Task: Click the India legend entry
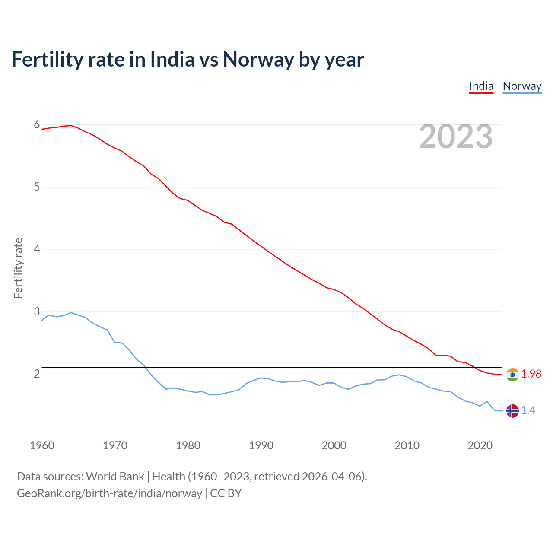click(x=481, y=86)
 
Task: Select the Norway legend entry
click(x=522, y=86)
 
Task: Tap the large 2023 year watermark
click(x=455, y=137)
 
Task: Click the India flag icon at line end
click(x=512, y=375)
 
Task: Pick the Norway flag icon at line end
click(x=512, y=411)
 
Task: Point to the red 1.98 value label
click(x=531, y=374)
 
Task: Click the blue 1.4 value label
click(x=528, y=410)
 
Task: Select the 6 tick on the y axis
click(x=37, y=125)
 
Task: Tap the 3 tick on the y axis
click(x=37, y=311)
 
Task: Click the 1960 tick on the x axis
click(x=42, y=445)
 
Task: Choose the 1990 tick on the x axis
click(x=261, y=445)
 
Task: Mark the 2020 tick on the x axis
click(x=480, y=445)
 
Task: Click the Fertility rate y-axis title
click(x=18, y=268)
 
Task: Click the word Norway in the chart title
click(x=258, y=59)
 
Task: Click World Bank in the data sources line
click(x=115, y=477)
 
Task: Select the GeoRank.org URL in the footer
click(x=109, y=493)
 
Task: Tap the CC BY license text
click(x=226, y=493)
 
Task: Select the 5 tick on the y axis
click(x=37, y=187)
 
